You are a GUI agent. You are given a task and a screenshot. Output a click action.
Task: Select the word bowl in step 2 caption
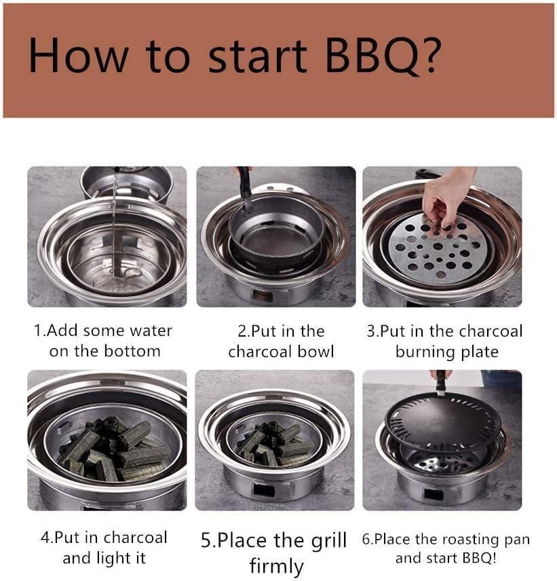pyautogui.click(x=314, y=352)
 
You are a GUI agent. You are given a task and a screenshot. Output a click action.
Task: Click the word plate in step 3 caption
pyautogui.click(x=478, y=352)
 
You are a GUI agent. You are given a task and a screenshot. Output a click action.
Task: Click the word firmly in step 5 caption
pyautogui.click(x=277, y=565)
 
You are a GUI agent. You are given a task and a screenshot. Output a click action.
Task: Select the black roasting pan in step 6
pyautogui.click(x=442, y=421)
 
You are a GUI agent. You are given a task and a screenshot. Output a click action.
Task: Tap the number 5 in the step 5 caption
pyautogui.click(x=208, y=541)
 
